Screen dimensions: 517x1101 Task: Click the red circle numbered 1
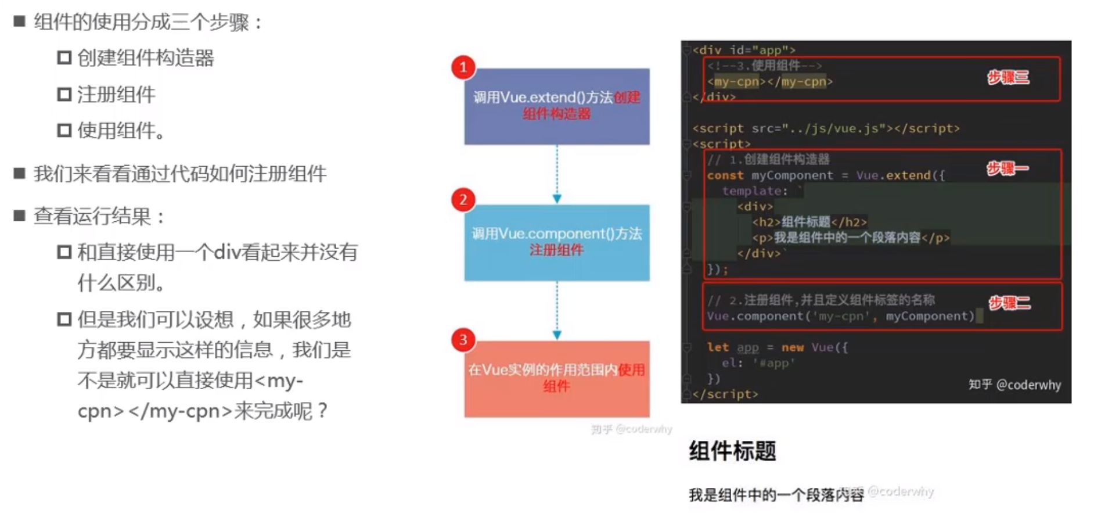pyautogui.click(x=463, y=67)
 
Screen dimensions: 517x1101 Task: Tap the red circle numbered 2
pyautogui.click(x=463, y=200)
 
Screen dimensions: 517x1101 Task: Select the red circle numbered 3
pyautogui.click(x=463, y=340)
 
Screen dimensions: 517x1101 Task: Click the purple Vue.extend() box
pyautogui.click(x=556, y=106)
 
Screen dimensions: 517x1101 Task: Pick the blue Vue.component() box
pyautogui.click(x=556, y=243)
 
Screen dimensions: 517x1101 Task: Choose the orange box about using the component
pyautogui.click(x=556, y=379)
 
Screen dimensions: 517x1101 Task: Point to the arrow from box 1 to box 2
pyautogui.click(x=557, y=174)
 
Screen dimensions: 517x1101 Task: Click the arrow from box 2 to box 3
pyautogui.click(x=557, y=311)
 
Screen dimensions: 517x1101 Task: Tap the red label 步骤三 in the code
pyautogui.click(x=1008, y=78)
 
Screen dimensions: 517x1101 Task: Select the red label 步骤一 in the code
pyautogui.click(x=1008, y=169)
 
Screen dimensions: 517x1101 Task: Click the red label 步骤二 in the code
pyautogui.click(x=1009, y=303)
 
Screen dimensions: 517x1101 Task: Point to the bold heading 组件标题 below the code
pyautogui.click(x=732, y=451)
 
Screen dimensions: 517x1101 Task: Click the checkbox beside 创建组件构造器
pyautogui.click(x=64, y=58)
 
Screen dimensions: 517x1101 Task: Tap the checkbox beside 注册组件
pyautogui.click(x=64, y=94)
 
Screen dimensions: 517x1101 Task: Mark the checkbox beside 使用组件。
pyautogui.click(x=64, y=130)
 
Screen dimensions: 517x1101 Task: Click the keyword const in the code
pyautogui.click(x=725, y=175)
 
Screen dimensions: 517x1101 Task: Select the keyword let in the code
pyautogui.click(x=718, y=347)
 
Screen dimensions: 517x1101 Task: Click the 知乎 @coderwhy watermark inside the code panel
pyautogui.click(x=1014, y=385)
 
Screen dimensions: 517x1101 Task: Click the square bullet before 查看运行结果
pyautogui.click(x=20, y=216)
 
